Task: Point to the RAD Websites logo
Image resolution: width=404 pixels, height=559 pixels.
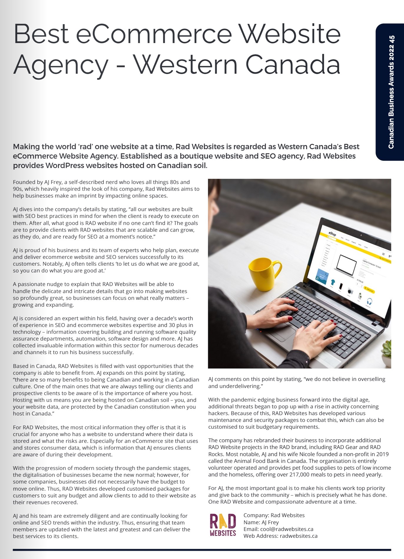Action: tap(223, 525)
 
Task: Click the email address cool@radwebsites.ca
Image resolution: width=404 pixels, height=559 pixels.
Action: tap(287, 529)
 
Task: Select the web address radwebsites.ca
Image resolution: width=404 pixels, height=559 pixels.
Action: tap(299, 536)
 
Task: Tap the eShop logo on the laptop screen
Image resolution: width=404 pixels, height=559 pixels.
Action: tap(332, 234)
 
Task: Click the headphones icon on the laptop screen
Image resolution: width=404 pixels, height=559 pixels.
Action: tap(369, 302)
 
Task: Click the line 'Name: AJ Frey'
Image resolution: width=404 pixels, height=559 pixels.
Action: tap(261, 522)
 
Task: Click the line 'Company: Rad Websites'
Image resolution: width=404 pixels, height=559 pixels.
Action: tap(274, 515)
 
